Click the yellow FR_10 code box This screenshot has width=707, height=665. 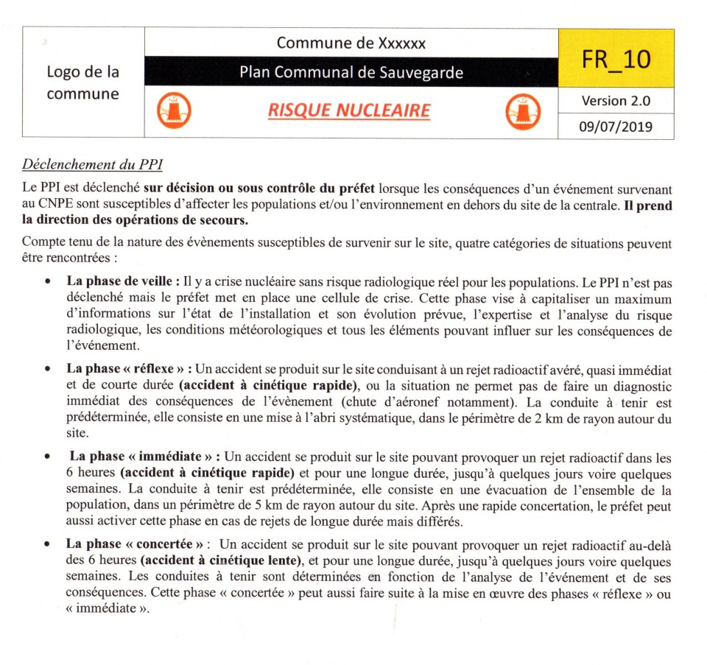pyautogui.click(x=616, y=58)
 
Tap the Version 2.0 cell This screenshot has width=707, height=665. pyautogui.click(x=616, y=100)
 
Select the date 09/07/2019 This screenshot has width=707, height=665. pyautogui.click(x=616, y=126)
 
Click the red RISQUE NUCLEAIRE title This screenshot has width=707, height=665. pyautogui.click(x=348, y=110)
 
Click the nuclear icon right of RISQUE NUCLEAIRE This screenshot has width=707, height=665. pyautogui.click(x=524, y=112)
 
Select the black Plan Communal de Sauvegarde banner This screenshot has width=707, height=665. pyautogui.click(x=351, y=72)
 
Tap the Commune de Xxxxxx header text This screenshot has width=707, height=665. pyautogui.click(x=351, y=43)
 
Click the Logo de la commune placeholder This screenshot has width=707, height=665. pyautogui.click(x=82, y=82)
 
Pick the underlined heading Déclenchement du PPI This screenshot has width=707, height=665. pyautogui.click(x=92, y=163)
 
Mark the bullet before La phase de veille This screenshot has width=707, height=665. pyautogui.click(x=48, y=282)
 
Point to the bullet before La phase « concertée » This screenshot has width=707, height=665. pyautogui.click(x=48, y=545)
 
